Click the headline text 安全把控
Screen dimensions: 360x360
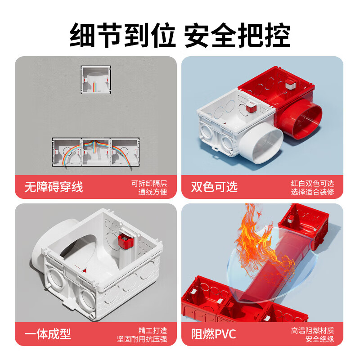click(237, 35)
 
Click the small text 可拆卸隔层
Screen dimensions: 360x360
click(149, 183)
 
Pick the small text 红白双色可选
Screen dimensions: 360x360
click(312, 183)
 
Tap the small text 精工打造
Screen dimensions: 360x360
click(153, 330)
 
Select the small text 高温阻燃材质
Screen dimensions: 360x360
click(312, 330)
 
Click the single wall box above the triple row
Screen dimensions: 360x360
click(95, 80)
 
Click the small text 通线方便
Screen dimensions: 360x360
click(153, 193)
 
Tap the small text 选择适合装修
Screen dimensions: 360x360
click(312, 193)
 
